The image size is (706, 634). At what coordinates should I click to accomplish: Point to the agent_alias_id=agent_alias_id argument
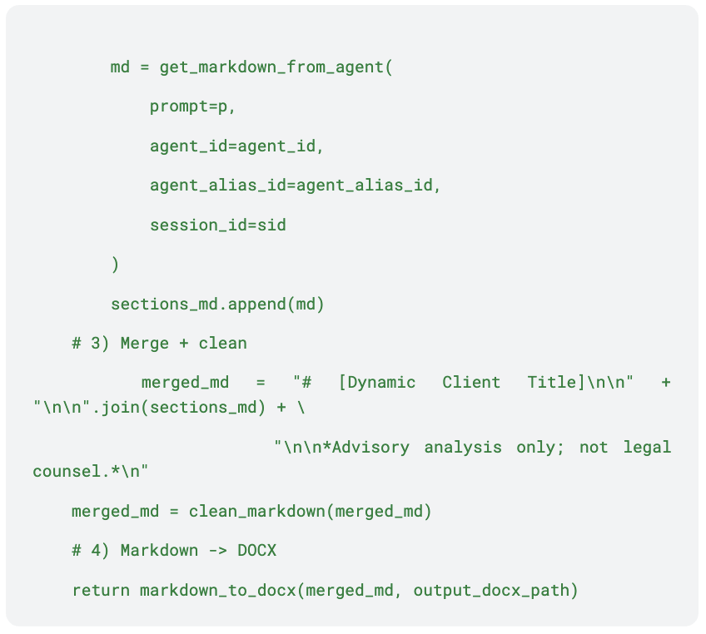[x=295, y=186]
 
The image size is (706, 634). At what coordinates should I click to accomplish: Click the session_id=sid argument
[x=218, y=225]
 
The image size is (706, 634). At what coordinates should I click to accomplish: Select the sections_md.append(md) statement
[x=217, y=304]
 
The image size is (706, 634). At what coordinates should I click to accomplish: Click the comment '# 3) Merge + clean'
[x=159, y=343]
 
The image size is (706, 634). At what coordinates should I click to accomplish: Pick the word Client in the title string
[x=471, y=383]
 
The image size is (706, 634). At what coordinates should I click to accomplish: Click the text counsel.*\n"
[x=91, y=471]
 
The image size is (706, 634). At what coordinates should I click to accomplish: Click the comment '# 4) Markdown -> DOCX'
[x=174, y=550]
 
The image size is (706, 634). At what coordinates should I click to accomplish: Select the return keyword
[x=100, y=591]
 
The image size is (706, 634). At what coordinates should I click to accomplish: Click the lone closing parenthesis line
[x=115, y=265]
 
